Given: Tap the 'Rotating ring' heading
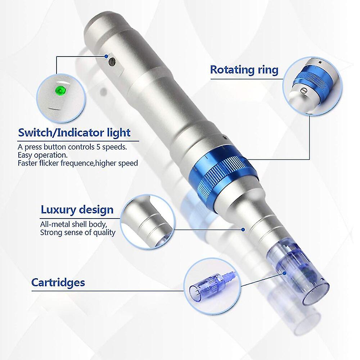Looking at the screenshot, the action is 244,70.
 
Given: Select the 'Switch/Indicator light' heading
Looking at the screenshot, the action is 74,133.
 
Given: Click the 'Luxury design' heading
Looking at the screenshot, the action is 77,210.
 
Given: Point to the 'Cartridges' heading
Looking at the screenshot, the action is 58,282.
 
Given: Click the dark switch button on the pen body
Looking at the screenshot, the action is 112,62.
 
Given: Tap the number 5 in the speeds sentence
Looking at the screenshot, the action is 98,147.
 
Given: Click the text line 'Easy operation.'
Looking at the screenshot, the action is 43,155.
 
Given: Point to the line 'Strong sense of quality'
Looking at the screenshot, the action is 78,232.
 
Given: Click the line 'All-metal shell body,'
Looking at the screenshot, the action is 73,224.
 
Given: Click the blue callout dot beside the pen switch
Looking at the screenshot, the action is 106,56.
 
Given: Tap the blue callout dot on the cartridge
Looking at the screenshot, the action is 285,273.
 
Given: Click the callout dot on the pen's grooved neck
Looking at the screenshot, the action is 243,229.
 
